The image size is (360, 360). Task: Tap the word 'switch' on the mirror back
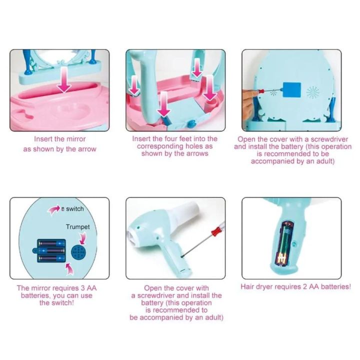75,209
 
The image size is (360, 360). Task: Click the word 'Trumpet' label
78,227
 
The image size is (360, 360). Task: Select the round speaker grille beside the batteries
78,252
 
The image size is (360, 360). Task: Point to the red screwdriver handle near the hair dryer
216,231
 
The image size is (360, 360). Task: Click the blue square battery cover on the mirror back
292,90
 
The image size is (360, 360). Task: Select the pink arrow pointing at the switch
53,210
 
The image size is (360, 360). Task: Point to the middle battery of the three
51,250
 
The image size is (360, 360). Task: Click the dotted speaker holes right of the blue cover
312,93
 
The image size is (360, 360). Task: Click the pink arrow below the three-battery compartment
70,269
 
